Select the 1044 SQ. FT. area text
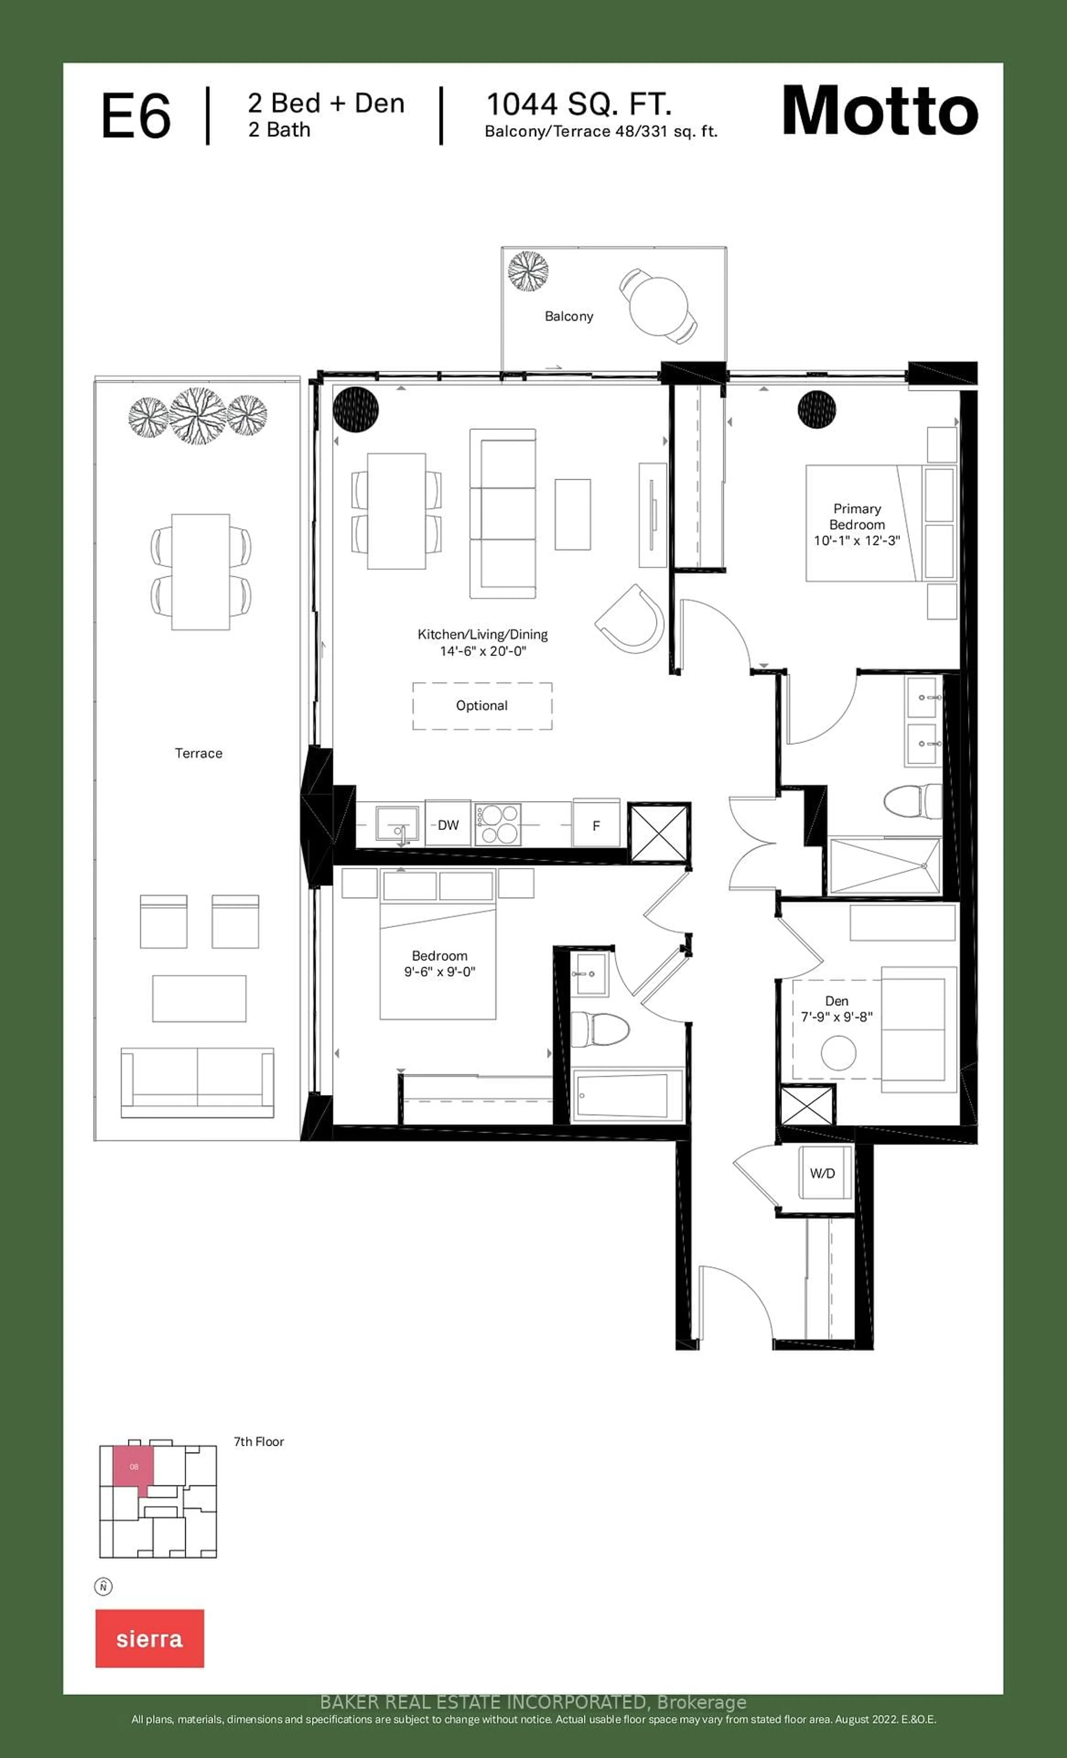(579, 105)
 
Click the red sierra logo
(150, 1639)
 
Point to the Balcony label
(569, 316)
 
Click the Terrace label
(198, 753)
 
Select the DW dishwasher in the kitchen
(448, 825)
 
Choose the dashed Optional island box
(482, 706)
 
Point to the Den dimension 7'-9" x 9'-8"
(837, 1017)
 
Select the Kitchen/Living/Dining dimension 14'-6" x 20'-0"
(482, 651)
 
